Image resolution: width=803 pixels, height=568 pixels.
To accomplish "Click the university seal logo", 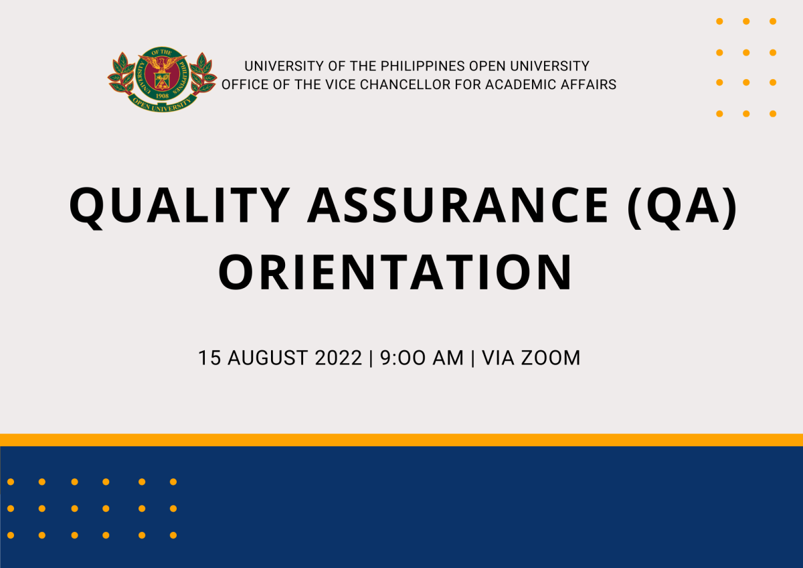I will pyautogui.click(x=163, y=82).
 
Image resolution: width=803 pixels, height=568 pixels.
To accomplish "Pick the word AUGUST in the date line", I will pyautogui.click(x=263, y=358).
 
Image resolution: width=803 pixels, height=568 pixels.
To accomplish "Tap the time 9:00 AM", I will pyautogui.click(x=422, y=358).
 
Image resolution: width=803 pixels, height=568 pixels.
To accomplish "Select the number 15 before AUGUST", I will pyautogui.click(x=209, y=358).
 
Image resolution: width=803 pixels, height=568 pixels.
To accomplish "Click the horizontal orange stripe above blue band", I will pyautogui.click(x=401, y=440).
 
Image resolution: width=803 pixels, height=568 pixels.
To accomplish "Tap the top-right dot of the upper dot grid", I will pyautogui.click(x=772, y=21).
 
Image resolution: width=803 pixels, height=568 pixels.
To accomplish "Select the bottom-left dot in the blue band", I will pyautogui.click(x=11, y=535).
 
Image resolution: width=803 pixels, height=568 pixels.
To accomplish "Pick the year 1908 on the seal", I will pyautogui.click(x=163, y=96).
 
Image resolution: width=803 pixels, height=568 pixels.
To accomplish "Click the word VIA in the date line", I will pyautogui.click(x=497, y=358).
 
